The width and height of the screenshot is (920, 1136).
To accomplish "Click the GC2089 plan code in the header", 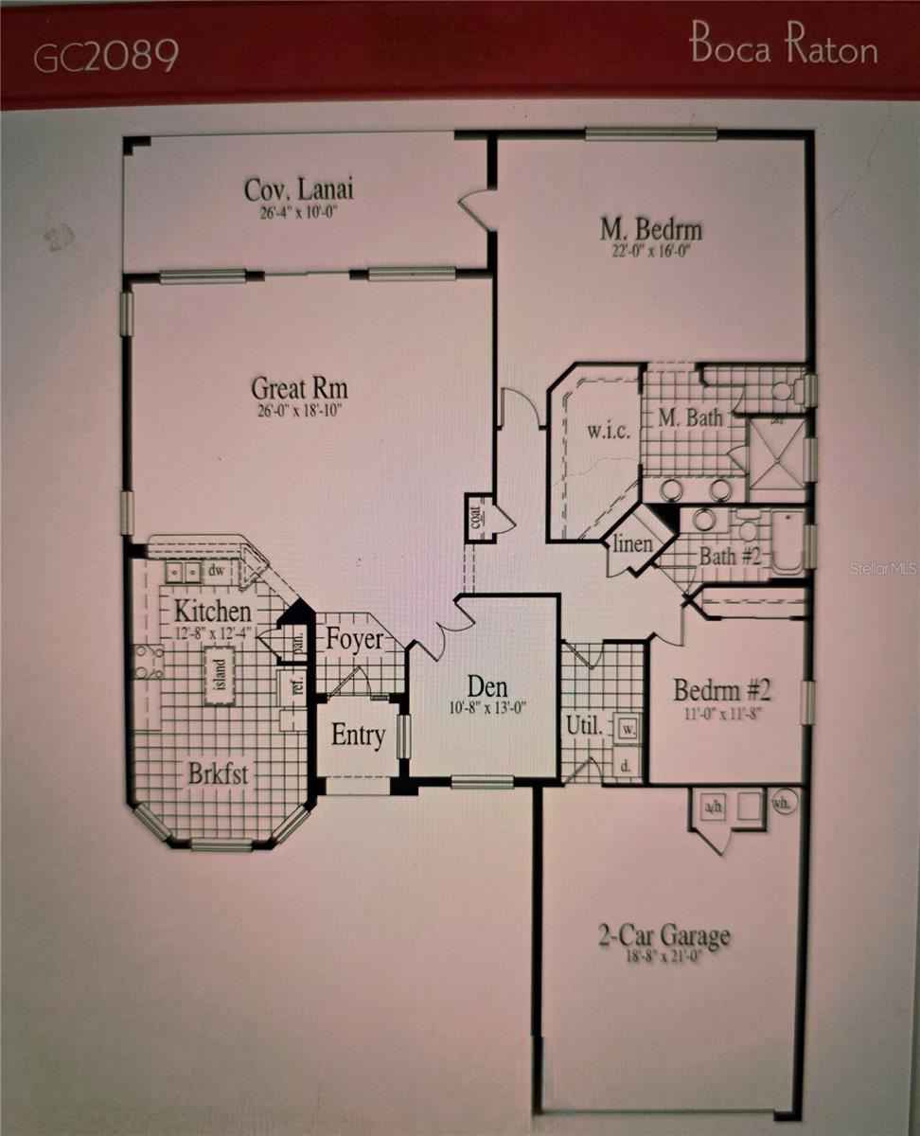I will [x=106, y=57].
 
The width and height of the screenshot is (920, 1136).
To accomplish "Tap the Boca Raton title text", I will [x=783, y=46].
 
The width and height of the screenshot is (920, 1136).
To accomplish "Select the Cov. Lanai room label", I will [x=298, y=188].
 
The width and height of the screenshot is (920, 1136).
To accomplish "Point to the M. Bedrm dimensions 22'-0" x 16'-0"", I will [x=651, y=251].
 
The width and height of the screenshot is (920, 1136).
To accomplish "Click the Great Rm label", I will [x=299, y=387].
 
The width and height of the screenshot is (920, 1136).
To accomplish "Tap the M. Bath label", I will [x=690, y=417].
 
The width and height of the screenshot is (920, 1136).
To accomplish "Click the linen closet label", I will [x=633, y=544].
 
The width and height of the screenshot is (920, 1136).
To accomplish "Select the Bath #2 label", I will [x=730, y=556].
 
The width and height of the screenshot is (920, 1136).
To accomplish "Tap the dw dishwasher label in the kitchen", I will [x=217, y=571].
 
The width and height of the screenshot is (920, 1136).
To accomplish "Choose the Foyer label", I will [x=355, y=639].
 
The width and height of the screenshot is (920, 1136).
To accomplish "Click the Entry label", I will [x=358, y=736].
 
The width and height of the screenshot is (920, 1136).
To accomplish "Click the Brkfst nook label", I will [x=218, y=773].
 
